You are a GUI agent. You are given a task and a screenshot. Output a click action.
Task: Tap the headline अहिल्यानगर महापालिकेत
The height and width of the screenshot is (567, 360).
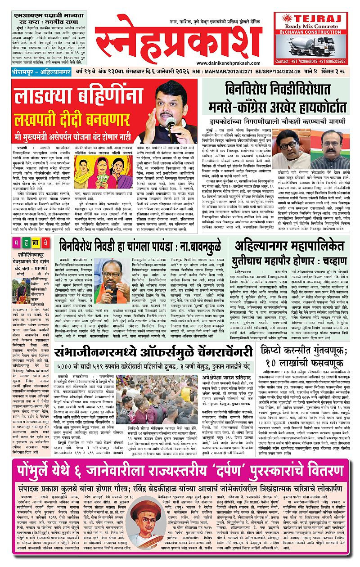(292, 247)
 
